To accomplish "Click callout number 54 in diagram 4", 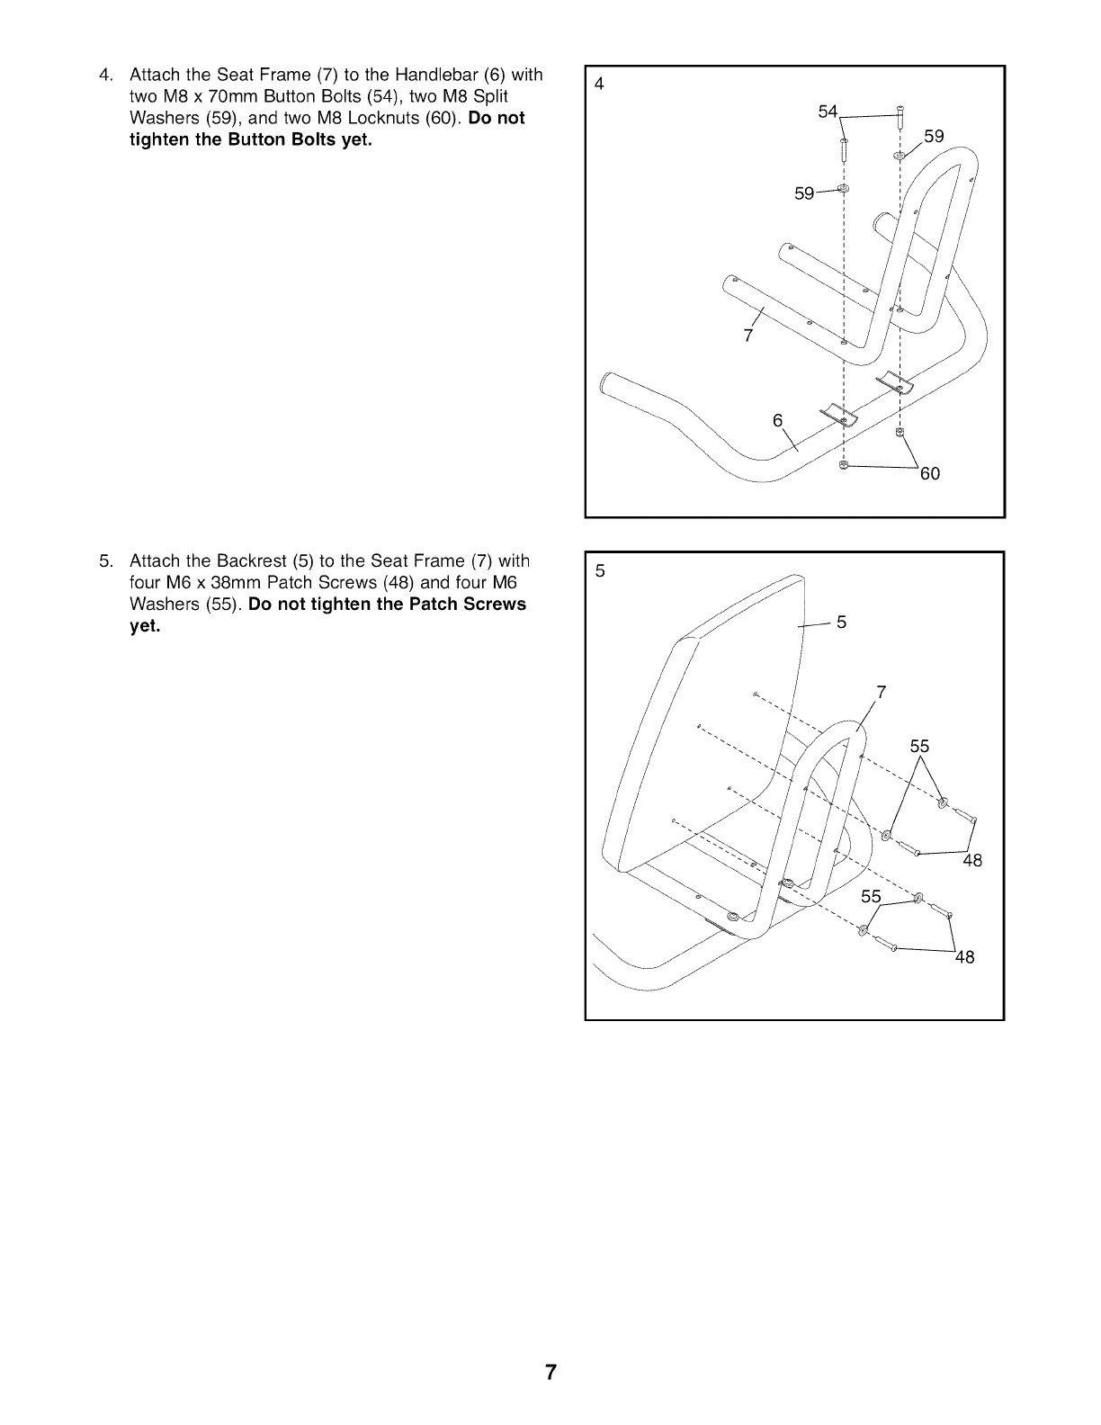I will (x=828, y=112).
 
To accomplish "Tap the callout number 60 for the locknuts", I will (x=929, y=473).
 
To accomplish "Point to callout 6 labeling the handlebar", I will (x=778, y=421).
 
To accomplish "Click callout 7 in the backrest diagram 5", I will (x=882, y=692).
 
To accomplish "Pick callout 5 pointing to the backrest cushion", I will (x=842, y=623).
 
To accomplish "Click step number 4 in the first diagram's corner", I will (x=599, y=85).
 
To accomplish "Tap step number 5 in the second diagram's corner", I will (x=599, y=569).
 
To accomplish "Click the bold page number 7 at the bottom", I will (x=550, y=1373).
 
